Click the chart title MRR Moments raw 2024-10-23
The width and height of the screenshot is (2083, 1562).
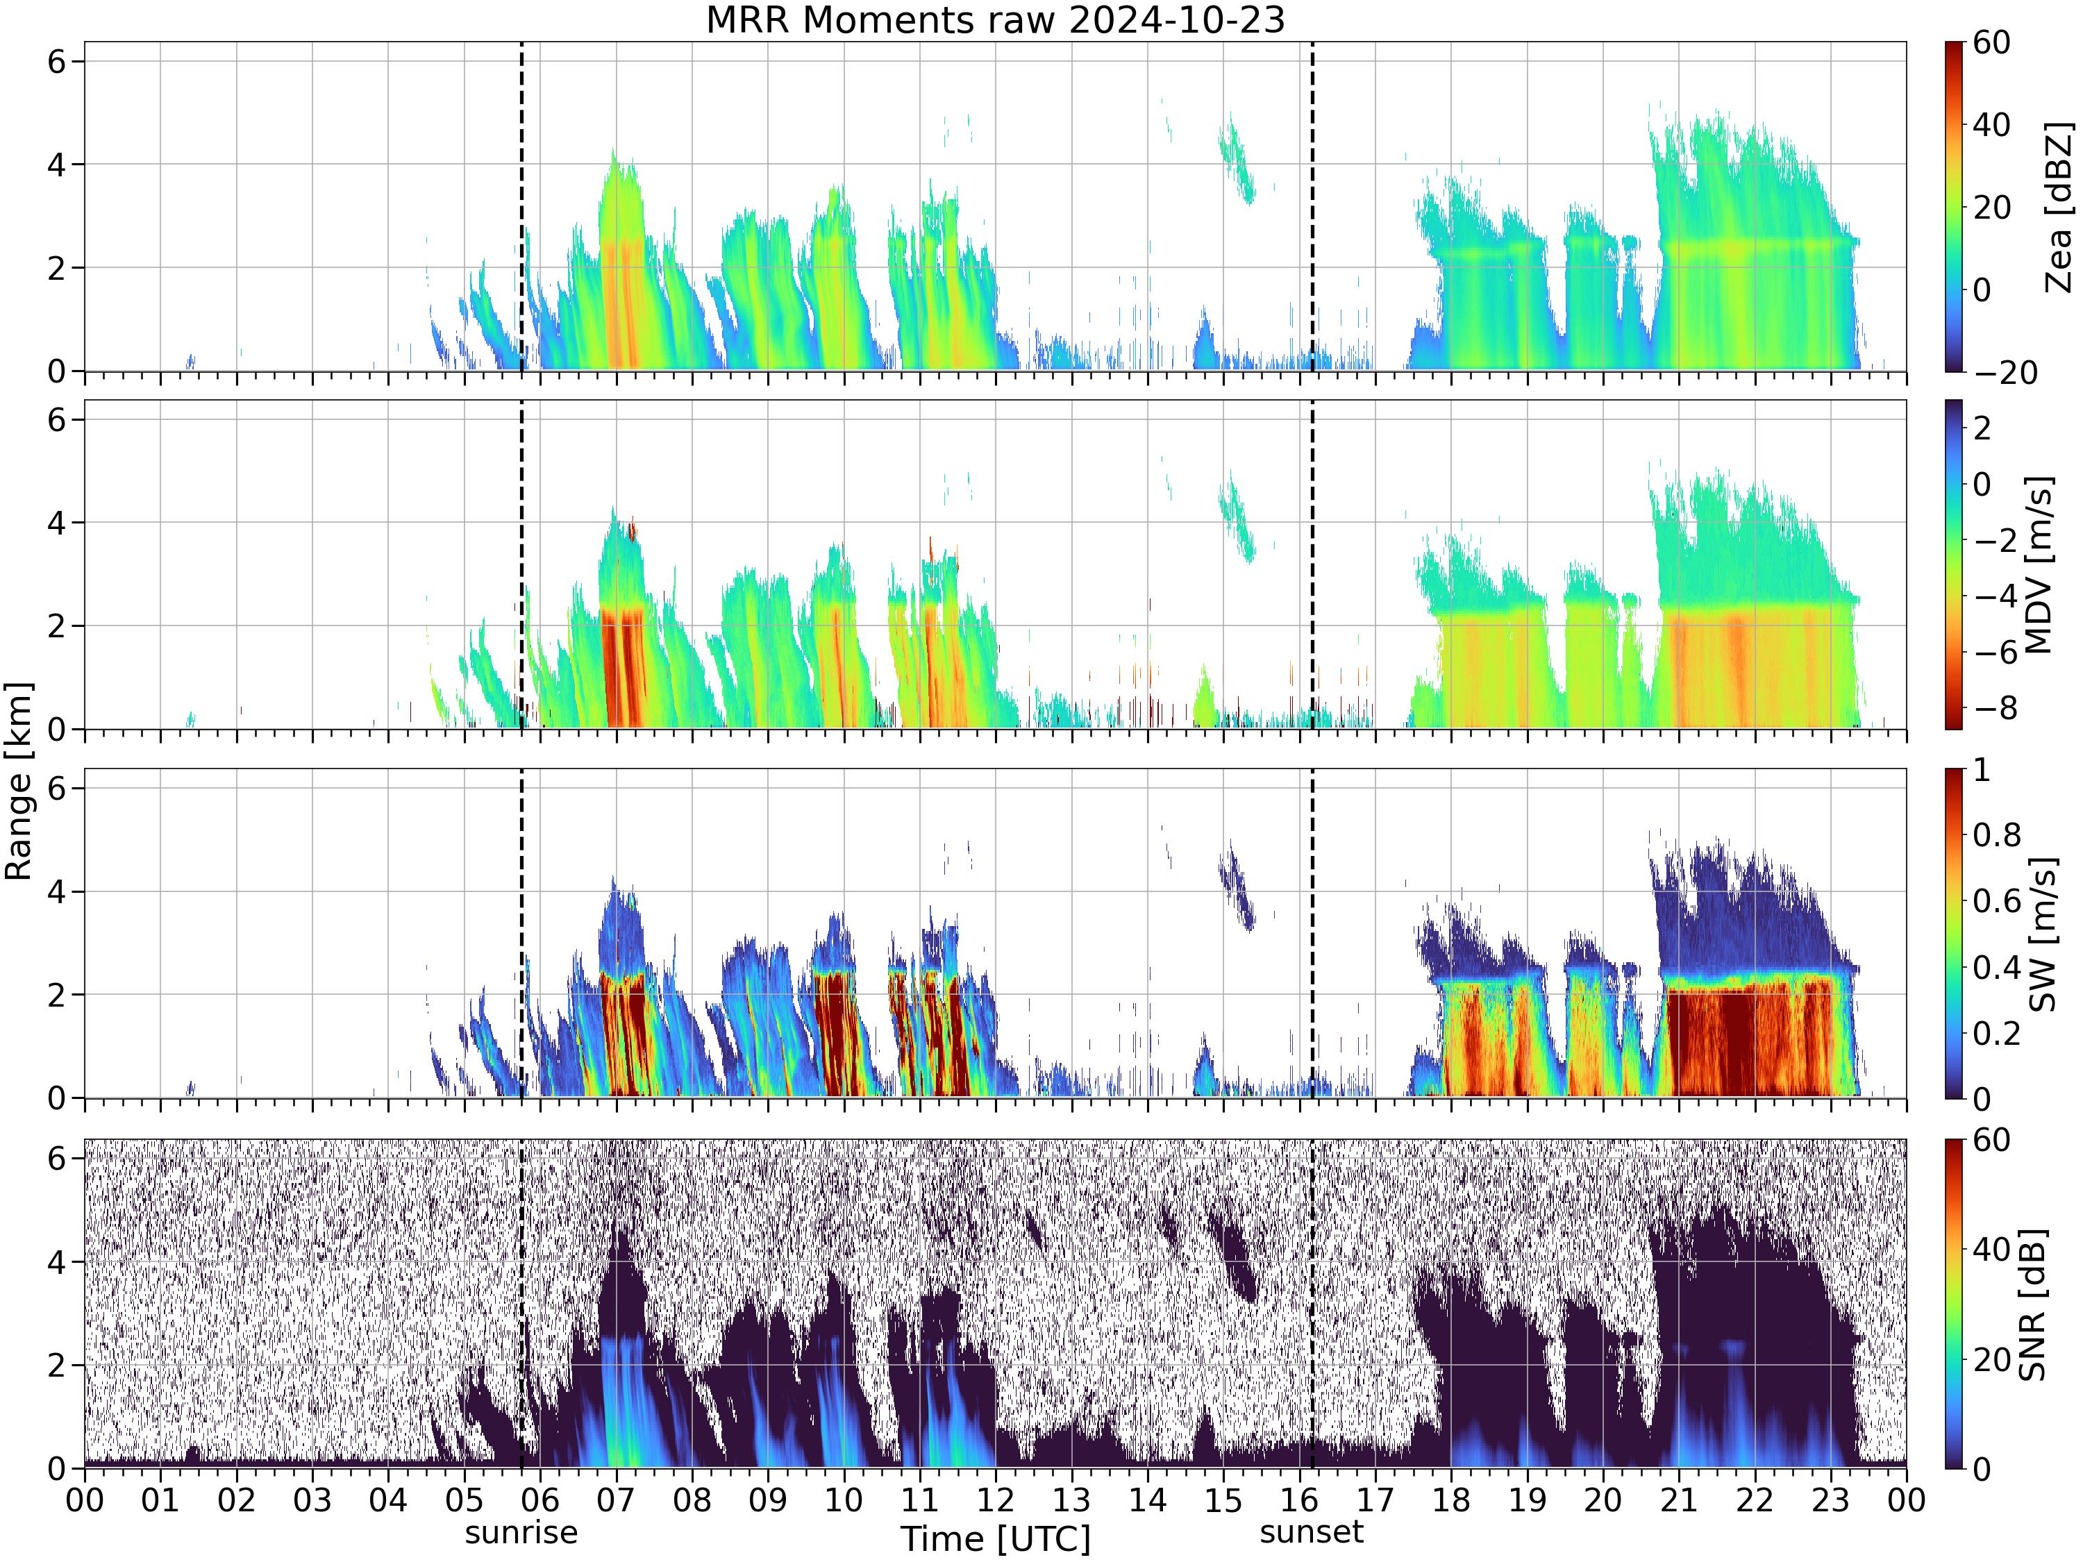pyautogui.click(x=996, y=19)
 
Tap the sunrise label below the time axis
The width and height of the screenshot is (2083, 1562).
pyautogui.click(x=521, y=1533)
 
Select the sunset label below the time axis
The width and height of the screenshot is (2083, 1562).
pyautogui.click(x=1312, y=1533)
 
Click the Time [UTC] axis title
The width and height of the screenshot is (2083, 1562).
pyautogui.click(x=996, y=1538)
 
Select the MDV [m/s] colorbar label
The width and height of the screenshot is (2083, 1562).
pyautogui.click(x=2038, y=565)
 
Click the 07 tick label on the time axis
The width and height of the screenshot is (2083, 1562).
pyautogui.click(x=616, y=1500)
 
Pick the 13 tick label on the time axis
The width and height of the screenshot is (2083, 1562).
pyautogui.click(x=1071, y=1500)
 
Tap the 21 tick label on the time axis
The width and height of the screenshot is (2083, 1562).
pyautogui.click(x=1679, y=1500)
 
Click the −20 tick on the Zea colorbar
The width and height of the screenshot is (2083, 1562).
pyautogui.click(x=2006, y=373)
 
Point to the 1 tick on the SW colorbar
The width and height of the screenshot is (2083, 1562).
pyautogui.click(x=1982, y=770)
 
